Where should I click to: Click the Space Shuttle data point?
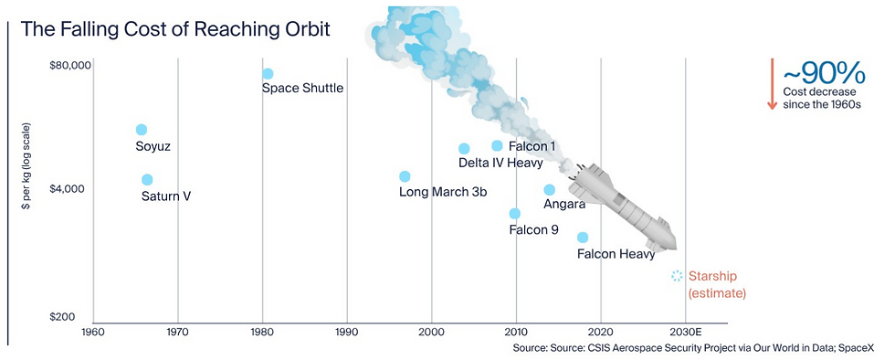(268, 74)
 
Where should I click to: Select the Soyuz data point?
(142, 130)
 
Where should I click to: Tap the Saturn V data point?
(147, 179)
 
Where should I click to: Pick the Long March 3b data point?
(405, 176)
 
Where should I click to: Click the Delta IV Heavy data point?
(464, 149)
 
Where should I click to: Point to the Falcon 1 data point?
(497, 145)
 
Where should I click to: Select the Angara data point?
(549, 190)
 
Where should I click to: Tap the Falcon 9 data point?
(515, 214)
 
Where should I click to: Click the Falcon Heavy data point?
(583, 238)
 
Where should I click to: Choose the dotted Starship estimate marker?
(677, 276)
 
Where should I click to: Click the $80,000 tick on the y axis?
(71, 66)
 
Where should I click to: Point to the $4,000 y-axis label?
(72, 188)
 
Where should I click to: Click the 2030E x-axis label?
(686, 331)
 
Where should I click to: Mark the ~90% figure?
(824, 73)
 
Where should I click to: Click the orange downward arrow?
(773, 83)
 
